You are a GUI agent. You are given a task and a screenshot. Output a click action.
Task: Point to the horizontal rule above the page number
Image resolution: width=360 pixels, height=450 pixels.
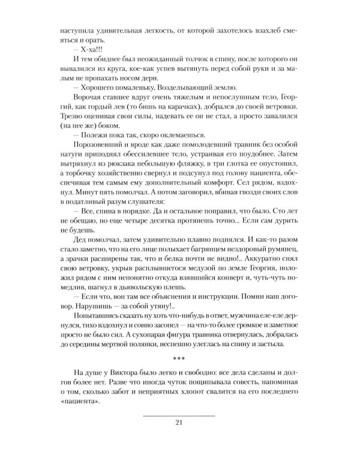tap(179, 415)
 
